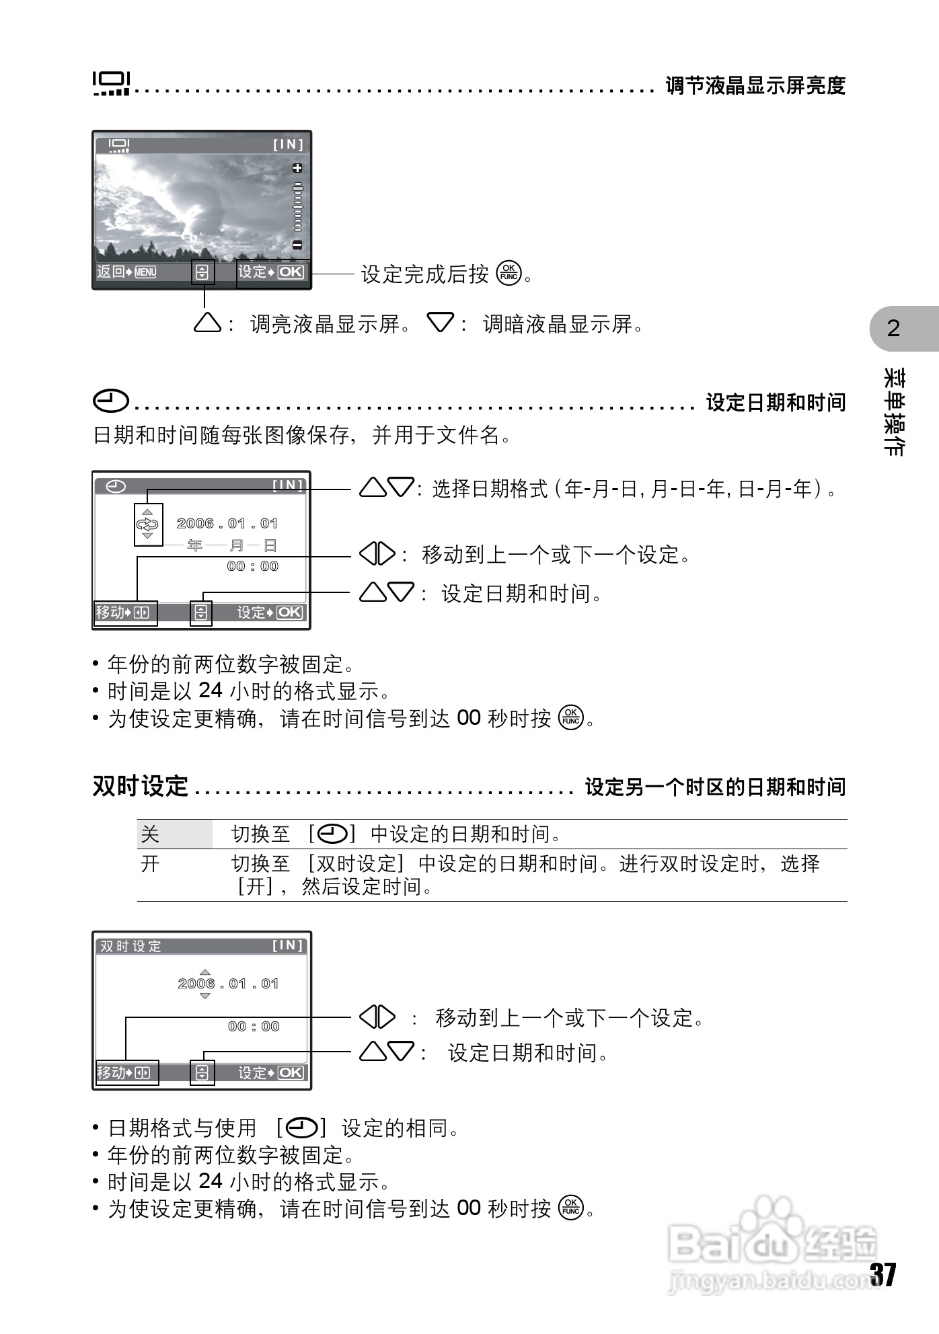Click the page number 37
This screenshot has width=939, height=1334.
point(883,1275)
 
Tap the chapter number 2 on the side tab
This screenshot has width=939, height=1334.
point(893,328)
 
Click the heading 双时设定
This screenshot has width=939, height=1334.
point(140,785)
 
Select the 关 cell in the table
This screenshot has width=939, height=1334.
point(150,834)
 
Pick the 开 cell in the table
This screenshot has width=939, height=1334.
point(150,864)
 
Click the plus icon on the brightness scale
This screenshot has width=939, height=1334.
point(297,167)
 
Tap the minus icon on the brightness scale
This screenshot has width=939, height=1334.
point(297,245)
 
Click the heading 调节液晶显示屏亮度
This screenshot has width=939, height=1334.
point(755,85)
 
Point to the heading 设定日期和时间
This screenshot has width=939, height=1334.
point(776,403)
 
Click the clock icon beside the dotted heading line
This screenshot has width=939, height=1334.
point(111,401)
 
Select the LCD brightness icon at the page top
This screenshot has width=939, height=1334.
point(111,83)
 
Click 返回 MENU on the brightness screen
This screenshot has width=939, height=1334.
point(126,272)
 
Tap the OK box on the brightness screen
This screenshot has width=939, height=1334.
point(291,272)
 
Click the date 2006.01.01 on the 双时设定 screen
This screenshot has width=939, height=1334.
point(228,984)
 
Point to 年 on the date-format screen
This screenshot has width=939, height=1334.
point(195,545)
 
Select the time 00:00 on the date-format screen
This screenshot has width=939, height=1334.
point(253,566)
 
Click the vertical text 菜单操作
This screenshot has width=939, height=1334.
point(893,412)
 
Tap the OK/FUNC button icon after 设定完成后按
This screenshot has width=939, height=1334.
point(509,273)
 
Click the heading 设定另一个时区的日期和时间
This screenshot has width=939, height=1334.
point(715,787)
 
